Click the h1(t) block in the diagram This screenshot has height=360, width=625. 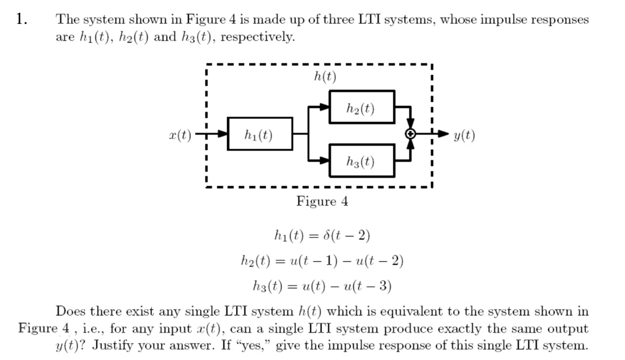click(259, 134)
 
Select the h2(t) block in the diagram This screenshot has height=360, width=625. click(361, 108)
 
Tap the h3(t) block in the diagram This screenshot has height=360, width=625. click(361, 161)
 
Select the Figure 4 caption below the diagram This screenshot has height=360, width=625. click(322, 201)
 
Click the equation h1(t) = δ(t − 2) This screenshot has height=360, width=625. click(322, 236)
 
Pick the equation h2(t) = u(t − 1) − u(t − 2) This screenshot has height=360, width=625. click(322, 261)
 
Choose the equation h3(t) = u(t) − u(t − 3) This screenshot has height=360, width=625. click(322, 286)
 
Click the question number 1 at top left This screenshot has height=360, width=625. click(22, 19)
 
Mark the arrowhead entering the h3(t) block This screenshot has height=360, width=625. click(325, 161)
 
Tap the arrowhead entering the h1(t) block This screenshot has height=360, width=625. click(223, 134)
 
